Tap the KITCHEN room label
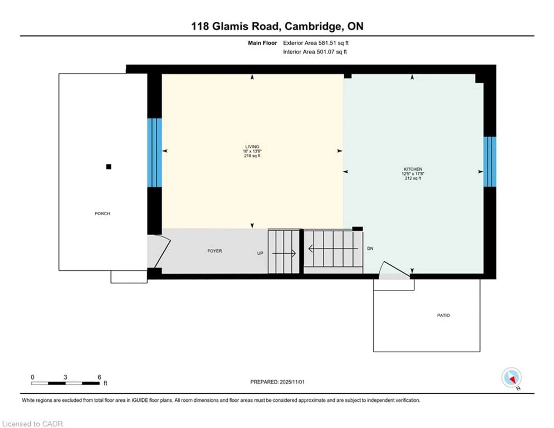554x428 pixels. pyautogui.click(x=413, y=169)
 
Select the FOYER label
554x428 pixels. pyautogui.click(x=215, y=251)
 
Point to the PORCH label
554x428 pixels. pyautogui.click(x=102, y=213)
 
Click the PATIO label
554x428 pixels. pyautogui.click(x=443, y=315)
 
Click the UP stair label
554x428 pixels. pyautogui.click(x=260, y=253)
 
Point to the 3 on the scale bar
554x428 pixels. pyautogui.click(x=65, y=377)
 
